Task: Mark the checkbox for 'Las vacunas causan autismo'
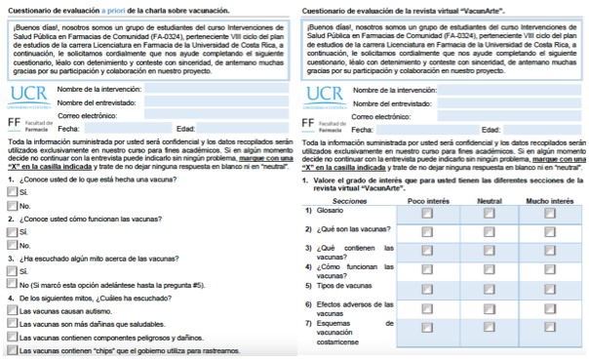point(12,309)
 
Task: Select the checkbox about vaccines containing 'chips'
point(12,349)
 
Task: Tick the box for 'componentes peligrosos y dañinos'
point(12,337)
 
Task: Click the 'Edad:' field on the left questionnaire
point(245,129)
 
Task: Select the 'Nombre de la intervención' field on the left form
point(218,88)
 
